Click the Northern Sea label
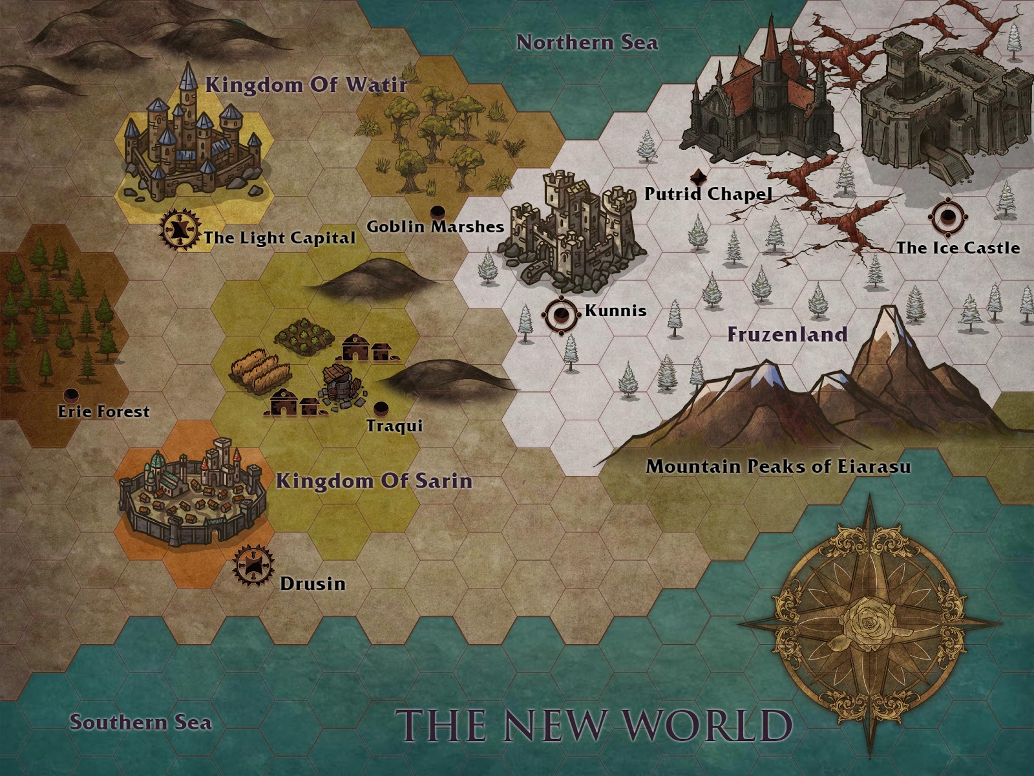coord(587,43)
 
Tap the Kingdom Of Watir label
coord(306,85)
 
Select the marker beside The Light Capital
coord(180,229)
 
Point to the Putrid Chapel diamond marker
coord(698,177)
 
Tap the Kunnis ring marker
coord(561,315)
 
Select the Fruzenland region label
coord(786,334)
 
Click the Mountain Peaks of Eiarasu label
coord(778,466)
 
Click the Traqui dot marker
coord(381,408)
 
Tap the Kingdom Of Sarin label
coord(374,481)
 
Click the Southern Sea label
coord(140,722)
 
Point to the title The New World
coord(593,725)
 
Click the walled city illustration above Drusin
coord(192,495)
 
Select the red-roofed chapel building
coord(763,97)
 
